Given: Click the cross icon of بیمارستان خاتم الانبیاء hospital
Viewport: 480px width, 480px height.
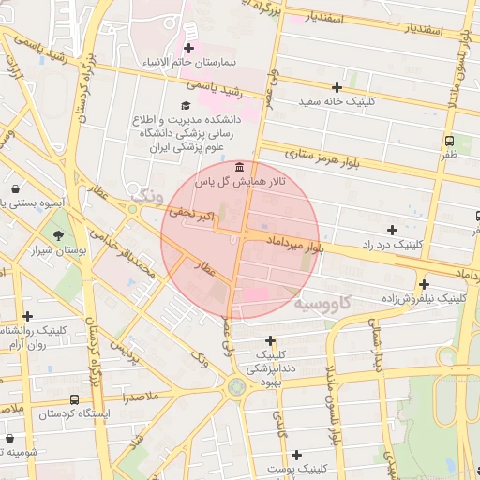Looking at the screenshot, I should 190,48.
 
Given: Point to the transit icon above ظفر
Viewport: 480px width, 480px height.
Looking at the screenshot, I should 450,140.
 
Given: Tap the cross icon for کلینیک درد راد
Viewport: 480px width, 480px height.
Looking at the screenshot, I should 392,230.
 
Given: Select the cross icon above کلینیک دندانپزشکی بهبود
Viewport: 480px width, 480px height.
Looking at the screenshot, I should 271,341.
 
